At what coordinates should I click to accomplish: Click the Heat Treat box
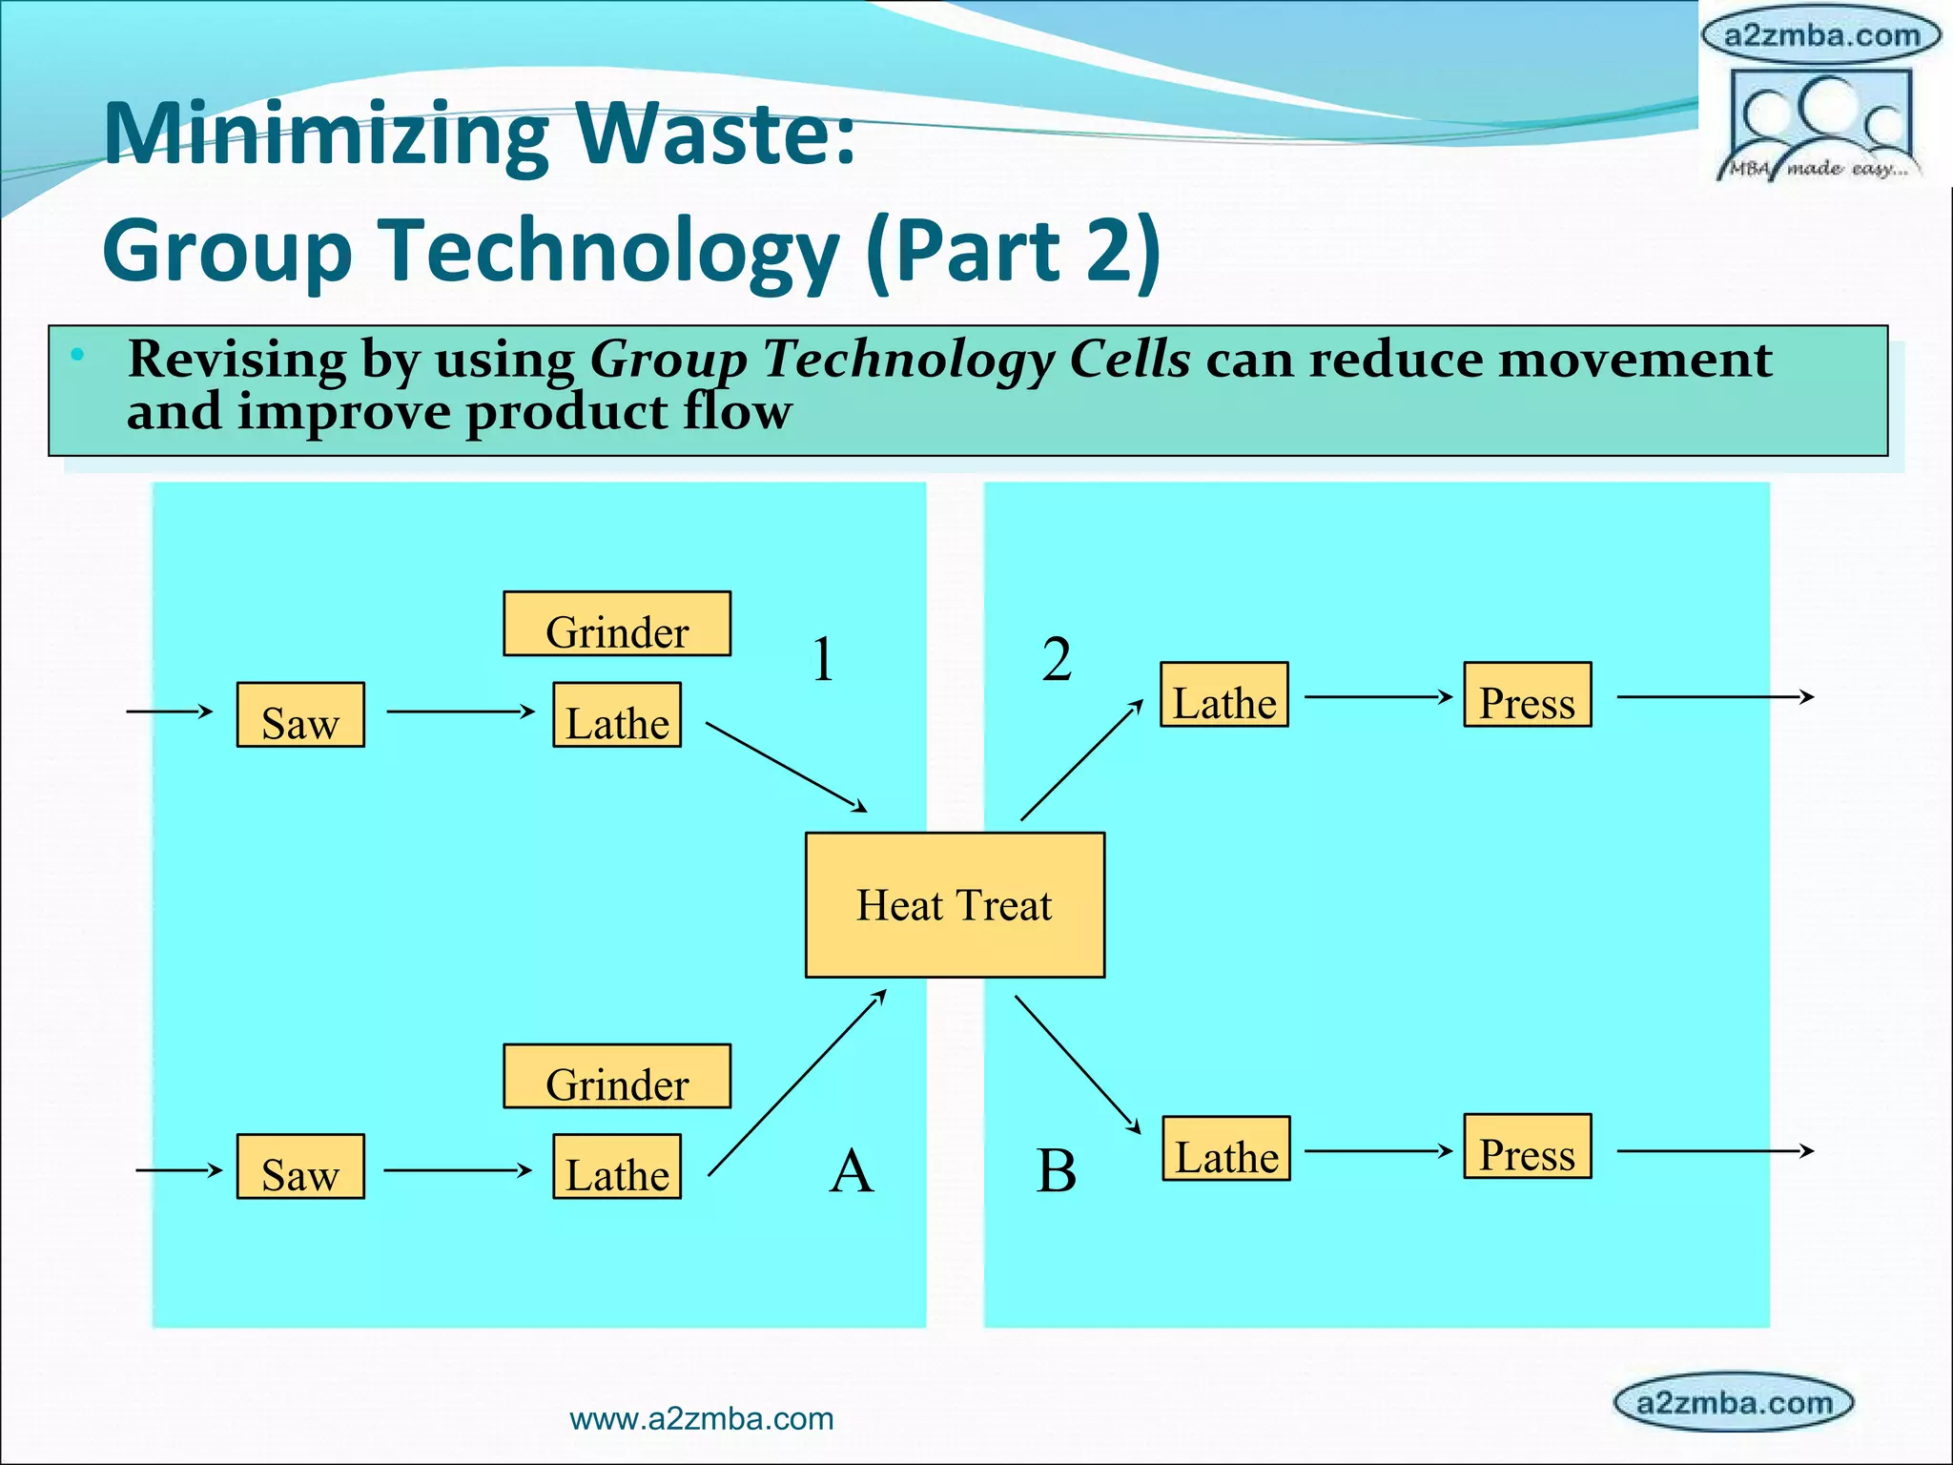pyautogui.click(x=955, y=904)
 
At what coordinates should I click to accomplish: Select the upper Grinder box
pyautogui.click(x=617, y=624)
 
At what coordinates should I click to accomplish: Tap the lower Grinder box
pyautogui.click(x=617, y=1076)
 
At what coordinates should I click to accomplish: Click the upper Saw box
pyautogui.click(x=300, y=714)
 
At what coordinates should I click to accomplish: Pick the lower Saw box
pyautogui.click(x=300, y=1166)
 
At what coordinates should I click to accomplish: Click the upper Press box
pyautogui.click(x=1528, y=694)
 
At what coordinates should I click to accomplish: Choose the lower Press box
pyautogui.click(x=1528, y=1146)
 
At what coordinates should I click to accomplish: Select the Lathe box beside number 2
pyautogui.click(x=1224, y=694)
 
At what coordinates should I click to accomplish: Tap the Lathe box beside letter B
pyautogui.click(x=1226, y=1148)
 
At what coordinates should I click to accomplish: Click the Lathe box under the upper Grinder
pyautogui.click(x=617, y=714)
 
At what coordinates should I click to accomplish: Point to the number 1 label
pyautogui.click(x=823, y=659)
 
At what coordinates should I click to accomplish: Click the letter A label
pyautogui.click(x=852, y=1170)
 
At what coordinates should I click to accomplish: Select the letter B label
pyautogui.click(x=1057, y=1170)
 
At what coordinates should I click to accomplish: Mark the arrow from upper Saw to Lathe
pyautogui.click(x=461, y=712)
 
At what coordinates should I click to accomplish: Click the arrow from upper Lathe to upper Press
pyautogui.click(x=1377, y=697)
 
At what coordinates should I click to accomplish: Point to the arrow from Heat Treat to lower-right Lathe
pyautogui.click(x=1078, y=1064)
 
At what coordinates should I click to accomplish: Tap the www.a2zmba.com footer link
pyautogui.click(x=701, y=1419)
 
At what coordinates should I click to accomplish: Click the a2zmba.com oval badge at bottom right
pyautogui.click(x=1734, y=1403)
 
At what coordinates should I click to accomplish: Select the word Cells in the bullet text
pyautogui.click(x=1130, y=360)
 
